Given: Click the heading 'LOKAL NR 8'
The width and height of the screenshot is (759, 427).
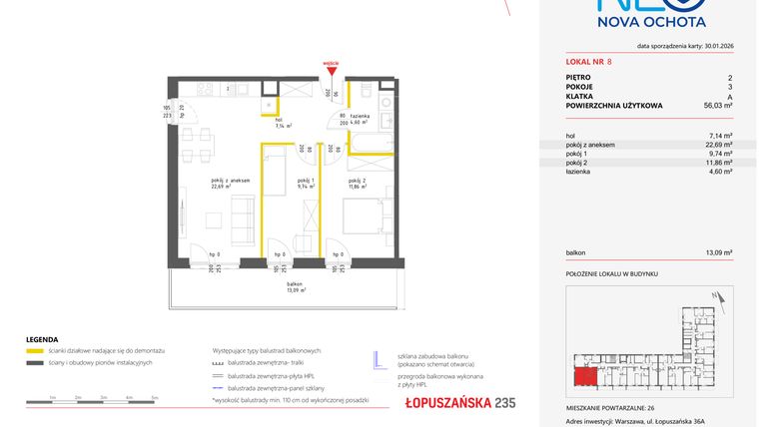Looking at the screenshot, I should [588, 62].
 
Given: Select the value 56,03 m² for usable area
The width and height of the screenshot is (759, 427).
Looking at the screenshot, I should [718, 105].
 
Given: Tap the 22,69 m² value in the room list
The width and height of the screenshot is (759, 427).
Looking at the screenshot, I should [720, 145].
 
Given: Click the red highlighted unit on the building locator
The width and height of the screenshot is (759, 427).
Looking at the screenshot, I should [584, 377].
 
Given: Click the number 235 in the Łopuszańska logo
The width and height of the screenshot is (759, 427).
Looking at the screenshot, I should [506, 402].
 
